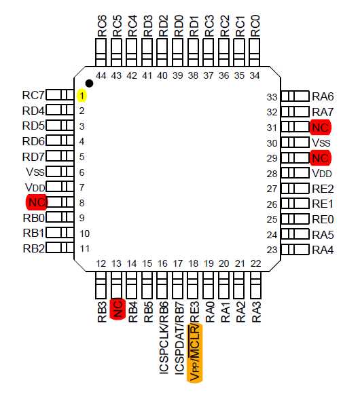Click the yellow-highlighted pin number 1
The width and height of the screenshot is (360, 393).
[x=81, y=96]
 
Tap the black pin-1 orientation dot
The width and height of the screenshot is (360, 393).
[x=89, y=83]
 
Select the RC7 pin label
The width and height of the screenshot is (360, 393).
[x=33, y=96]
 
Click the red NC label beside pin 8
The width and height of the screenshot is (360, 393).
[x=37, y=202]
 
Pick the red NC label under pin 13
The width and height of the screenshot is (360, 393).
[x=117, y=309]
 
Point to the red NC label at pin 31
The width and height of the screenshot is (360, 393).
[x=321, y=127]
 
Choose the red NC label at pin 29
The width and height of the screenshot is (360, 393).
[x=321, y=157]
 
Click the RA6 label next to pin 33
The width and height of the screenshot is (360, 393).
[x=323, y=96]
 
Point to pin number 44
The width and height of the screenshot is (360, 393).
[x=102, y=75]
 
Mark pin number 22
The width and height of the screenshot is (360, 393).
[x=255, y=263]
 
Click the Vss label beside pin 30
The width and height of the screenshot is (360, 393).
[x=321, y=143]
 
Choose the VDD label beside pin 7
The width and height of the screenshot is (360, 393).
[x=35, y=187]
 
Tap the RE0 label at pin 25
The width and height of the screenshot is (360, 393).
[x=323, y=219]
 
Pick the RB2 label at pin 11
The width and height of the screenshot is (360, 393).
[x=33, y=248]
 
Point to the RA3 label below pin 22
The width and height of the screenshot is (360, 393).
[x=256, y=310]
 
